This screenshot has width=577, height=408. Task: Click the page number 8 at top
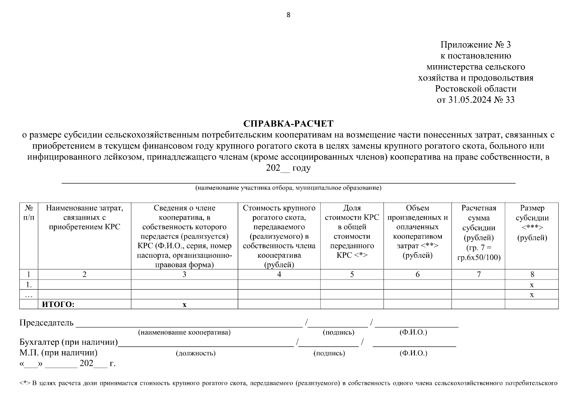288,15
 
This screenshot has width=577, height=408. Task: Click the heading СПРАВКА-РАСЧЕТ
288,123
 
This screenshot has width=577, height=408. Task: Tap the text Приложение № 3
475,45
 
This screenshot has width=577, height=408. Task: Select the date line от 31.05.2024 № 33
475,100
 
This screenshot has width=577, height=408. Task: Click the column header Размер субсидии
532,223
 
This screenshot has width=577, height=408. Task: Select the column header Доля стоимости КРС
352,231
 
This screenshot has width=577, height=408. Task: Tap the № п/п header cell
29,213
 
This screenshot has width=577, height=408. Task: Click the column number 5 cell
352,274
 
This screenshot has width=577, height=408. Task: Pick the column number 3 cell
184,274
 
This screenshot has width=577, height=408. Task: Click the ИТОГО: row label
58,305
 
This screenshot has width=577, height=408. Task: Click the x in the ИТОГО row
185,305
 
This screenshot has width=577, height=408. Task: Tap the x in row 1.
532,285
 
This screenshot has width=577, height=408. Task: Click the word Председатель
46,323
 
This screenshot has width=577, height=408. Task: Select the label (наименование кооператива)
184,333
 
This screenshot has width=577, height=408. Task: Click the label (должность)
196,353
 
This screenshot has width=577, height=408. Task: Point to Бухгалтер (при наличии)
68,342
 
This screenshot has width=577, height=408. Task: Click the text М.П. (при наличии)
58,353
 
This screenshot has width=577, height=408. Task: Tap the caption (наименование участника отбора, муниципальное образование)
288,188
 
